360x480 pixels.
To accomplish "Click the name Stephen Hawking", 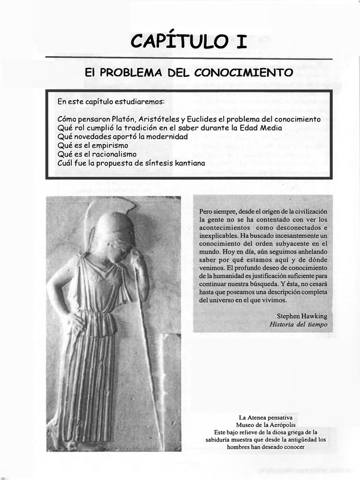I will tap(302, 316).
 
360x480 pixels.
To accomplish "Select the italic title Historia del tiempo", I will tap(299, 324).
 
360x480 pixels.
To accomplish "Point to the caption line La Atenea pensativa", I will tap(265, 417).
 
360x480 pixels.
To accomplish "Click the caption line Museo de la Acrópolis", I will tap(266, 425).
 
